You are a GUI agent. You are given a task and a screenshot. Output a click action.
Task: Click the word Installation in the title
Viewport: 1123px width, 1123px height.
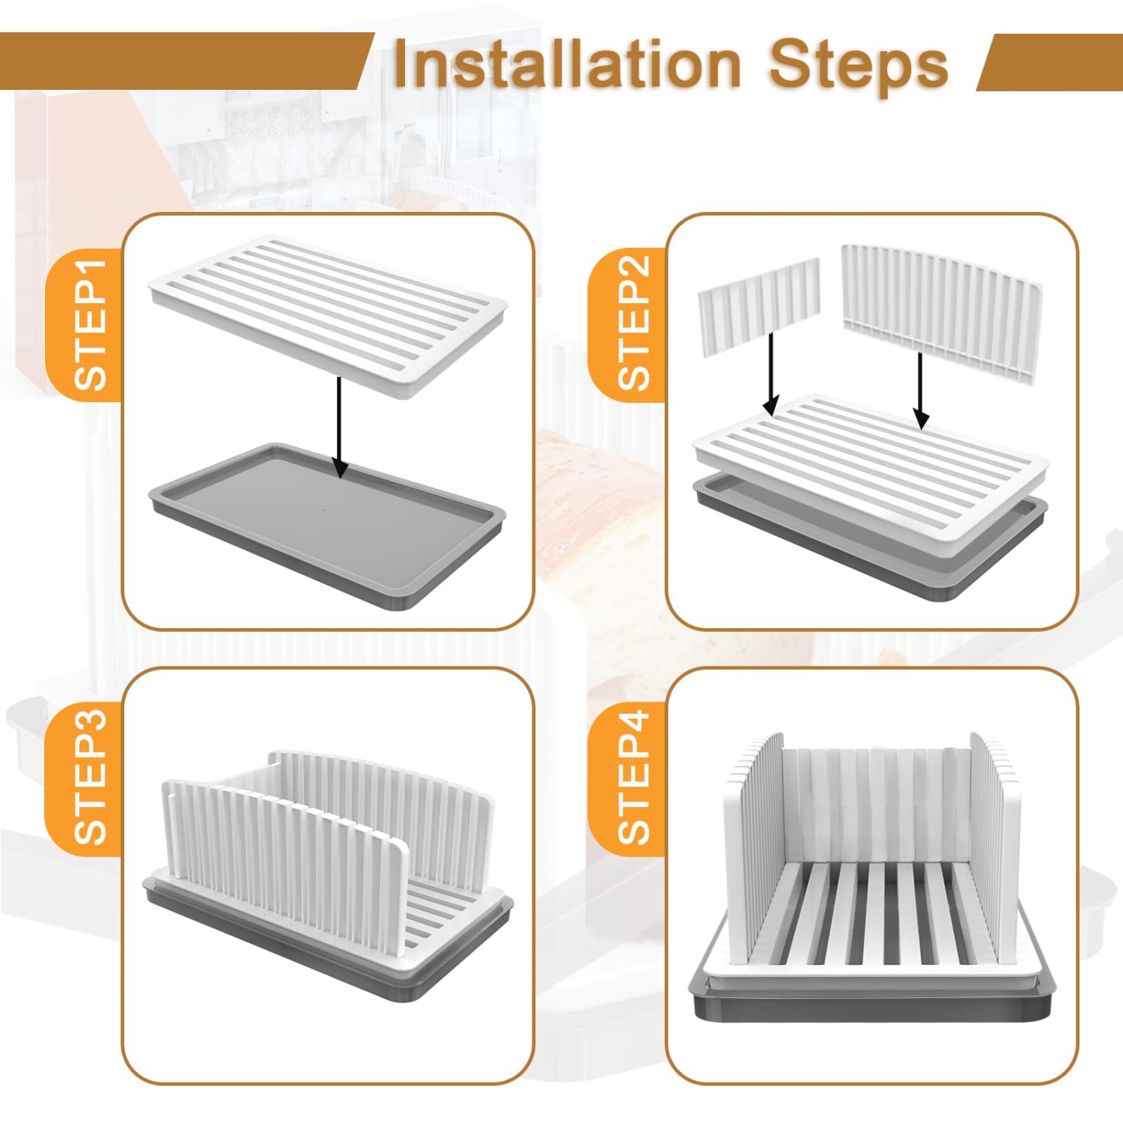pos(567,64)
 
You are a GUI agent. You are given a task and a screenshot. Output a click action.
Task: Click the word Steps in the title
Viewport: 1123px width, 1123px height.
pos(858,64)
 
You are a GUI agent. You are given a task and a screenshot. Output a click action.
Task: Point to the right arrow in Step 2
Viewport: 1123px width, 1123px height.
pos(921,389)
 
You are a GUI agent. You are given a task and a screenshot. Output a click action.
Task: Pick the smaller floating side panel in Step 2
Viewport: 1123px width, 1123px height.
pos(758,307)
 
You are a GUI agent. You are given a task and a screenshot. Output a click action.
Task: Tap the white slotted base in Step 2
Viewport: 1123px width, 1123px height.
pos(868,464)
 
